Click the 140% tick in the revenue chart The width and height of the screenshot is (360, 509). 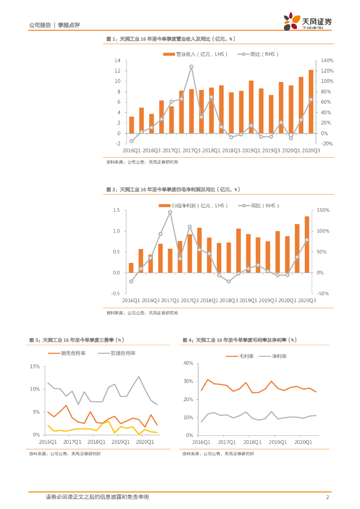[x=321, y=60]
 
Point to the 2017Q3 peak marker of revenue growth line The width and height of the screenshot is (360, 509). [x=191, y=67]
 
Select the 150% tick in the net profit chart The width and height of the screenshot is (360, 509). [x=323, y=210]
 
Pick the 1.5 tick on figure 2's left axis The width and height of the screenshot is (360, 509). [x=116, y=210]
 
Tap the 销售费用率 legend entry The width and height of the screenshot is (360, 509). [x=67, y=353]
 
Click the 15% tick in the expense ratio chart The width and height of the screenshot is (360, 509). [x=35, y=366]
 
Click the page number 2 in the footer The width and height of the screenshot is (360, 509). [x=327, y=497]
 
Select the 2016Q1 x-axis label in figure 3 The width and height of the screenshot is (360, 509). [x=48, y=441]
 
